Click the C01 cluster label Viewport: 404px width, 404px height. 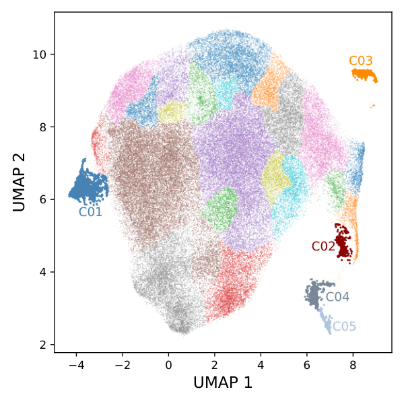click(90, 212)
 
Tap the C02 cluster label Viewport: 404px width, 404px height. click(323, 246)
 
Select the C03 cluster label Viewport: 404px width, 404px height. click(361, 61)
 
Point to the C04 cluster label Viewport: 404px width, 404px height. click(337, 297)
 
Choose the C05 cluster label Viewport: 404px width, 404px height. click(344, 327)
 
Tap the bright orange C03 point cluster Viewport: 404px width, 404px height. click(364, 75)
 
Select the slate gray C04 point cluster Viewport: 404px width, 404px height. click(316, 293)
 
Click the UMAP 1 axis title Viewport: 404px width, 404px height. click(223, 382)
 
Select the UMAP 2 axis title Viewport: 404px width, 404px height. click(19, 182)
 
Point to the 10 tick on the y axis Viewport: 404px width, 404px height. click(40, 55)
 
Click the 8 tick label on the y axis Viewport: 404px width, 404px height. click(43, 127)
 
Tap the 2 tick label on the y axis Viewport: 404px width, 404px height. click(43, 345)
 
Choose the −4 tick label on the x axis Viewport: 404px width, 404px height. click(77, 365)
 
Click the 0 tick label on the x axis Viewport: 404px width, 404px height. click(168, 365)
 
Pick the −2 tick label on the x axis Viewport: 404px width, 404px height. click(123, 365)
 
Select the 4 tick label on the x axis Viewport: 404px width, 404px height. click(261, 365)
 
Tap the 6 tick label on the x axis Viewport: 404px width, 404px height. click(307, 365)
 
